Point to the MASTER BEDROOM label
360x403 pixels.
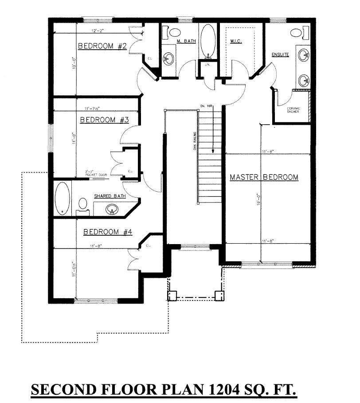[x=264, y=177]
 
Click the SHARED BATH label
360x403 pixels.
[x=110, y=196]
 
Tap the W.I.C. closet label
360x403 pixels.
[x=235, y=41]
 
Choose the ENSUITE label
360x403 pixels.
[x=280, y=55]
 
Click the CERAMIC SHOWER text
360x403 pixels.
[x=292, y=110]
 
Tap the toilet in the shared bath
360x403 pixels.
[x=82, y=205]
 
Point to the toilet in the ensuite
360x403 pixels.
[x=296, y=32]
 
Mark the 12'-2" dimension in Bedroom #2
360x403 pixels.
[x=98, y=31]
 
